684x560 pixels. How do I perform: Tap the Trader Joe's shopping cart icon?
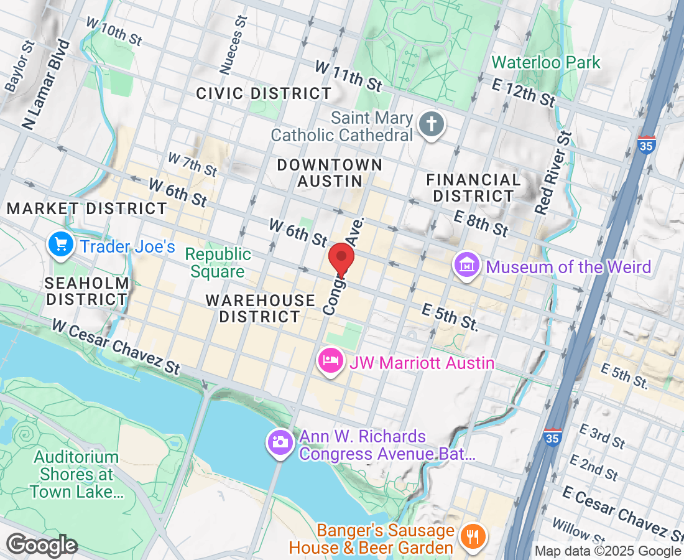pyautogui.click(x=60, y=245)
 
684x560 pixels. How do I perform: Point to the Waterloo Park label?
pyautogui.click(x=546, y=62)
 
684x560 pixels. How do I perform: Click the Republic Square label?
pyautogui.click(x=218, y=263)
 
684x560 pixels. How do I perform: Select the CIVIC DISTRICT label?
pyautogui.click(x=264, y=94)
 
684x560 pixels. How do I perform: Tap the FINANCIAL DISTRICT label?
pyautogui.click(x=474, y=188)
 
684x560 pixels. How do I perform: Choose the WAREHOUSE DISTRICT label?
pyautogui.click(x=261, y=309)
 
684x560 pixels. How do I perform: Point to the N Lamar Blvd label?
pyautogui.click(x=46, y=85)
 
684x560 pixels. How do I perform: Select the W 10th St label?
pyautogui.click(x=115, y=31)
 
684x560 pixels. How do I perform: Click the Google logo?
pyautogui.click(x=42, y=546)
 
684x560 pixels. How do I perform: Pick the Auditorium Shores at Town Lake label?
pyautogui.click(x=76, y=475)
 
